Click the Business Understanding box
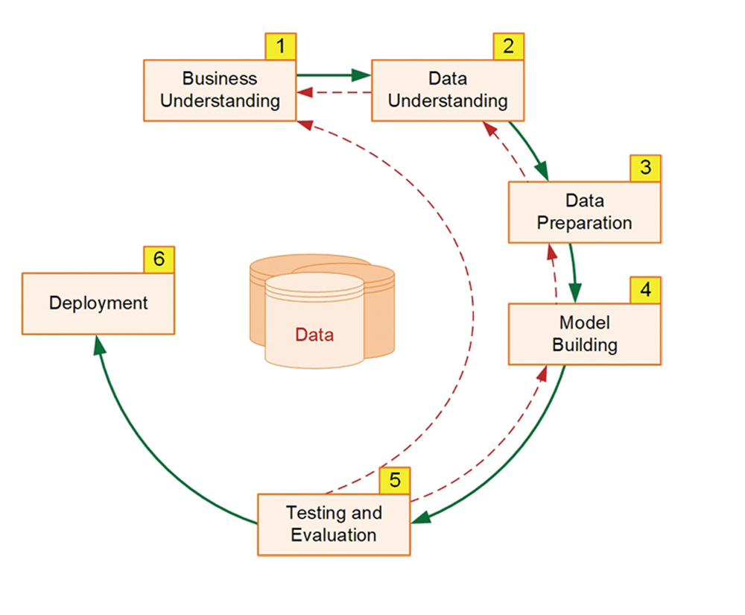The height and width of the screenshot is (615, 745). pos(220,90)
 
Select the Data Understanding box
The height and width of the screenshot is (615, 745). pos(448,90)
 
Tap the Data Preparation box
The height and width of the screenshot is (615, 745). pos(584,212)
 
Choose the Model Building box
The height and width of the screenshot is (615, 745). pos(584,334)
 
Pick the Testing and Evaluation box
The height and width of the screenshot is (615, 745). pos(334,524)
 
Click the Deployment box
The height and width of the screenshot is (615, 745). pos(98,303)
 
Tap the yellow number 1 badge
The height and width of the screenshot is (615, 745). pos(281,47)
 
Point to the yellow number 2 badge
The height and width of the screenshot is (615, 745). pos(508,47)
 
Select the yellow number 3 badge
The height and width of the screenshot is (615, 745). pos(645,168)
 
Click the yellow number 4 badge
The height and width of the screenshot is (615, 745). pos(645,290)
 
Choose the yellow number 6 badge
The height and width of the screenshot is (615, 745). pos(159,260)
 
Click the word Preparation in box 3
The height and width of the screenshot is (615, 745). pos(584,222)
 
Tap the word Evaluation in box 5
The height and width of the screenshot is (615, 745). pos(334,534)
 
